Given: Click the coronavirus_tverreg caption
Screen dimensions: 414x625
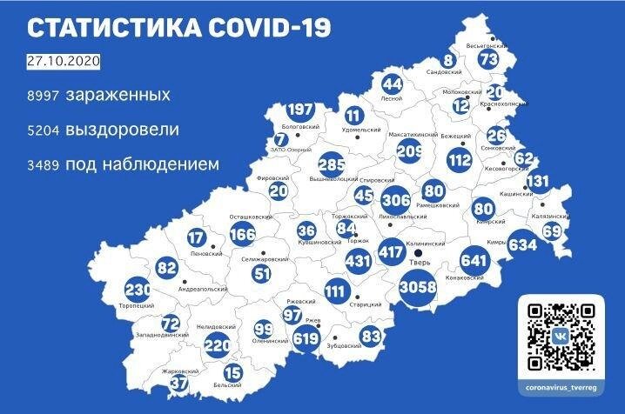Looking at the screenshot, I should pos(562,385).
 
